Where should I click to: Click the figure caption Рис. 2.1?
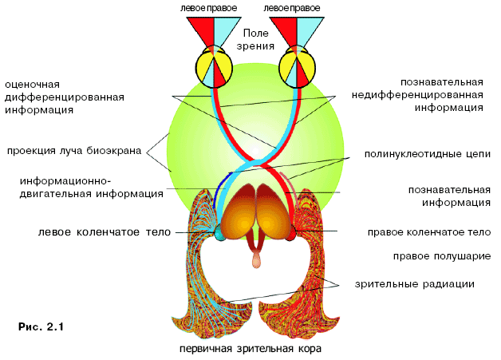click(41, 326)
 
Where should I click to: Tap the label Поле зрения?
click(255, 39)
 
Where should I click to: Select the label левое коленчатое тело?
click(105, 231)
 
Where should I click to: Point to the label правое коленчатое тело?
click(429, 232)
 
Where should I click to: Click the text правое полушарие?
click(442, 256)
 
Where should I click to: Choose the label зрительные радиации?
click(414, 284)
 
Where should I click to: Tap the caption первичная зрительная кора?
click(250, 348)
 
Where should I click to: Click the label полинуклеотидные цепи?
click(428, 154)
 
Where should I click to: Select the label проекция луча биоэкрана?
click(74, 151)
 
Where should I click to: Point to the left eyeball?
click(214, 68)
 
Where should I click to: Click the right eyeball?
click(297, 68)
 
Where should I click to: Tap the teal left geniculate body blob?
click(219, 232)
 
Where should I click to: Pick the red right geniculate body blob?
click(291, 233)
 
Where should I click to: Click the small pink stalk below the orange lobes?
click(256, 259)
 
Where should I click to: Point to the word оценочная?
click(32, 85)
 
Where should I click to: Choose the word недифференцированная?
click(417, 95)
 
